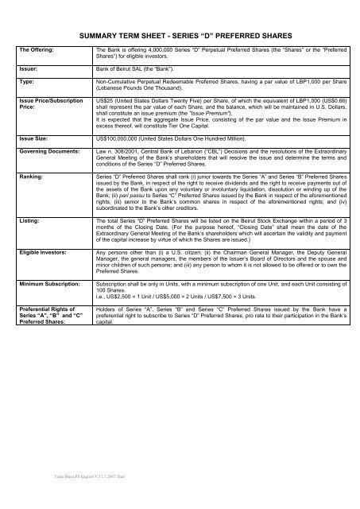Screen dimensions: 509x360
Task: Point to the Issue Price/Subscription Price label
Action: [x=47, y=104]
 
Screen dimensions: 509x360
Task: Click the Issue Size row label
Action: [x=35, y=138]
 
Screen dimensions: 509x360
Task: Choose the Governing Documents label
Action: [x=52, y=149]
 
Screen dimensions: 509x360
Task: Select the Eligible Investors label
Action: [x=47, y=251]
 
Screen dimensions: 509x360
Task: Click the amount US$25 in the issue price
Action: [x=103, y=101]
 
